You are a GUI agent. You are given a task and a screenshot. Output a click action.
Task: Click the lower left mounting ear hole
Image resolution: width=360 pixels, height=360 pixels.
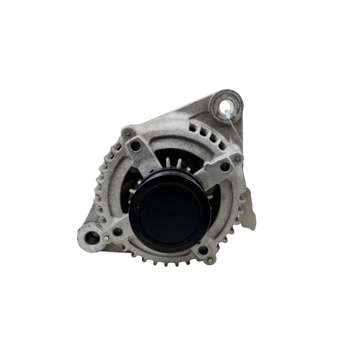click(x=92, y=238)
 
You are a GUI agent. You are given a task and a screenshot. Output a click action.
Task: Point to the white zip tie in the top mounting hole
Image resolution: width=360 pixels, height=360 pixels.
click(x=232, y=110)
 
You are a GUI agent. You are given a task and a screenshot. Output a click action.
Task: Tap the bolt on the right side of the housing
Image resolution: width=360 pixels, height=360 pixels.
click(x=238, y=158)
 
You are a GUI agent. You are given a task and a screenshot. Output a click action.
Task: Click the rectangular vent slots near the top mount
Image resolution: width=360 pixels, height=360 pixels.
click(x=202, y=131)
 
